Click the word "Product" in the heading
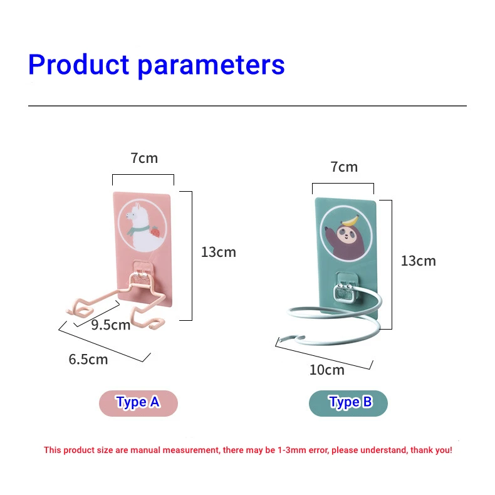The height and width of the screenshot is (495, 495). tap(79, 65)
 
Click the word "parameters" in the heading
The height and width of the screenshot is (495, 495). tap(211, 66)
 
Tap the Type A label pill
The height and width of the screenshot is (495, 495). tap(138, 403)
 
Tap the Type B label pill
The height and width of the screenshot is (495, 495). tap(348, 403)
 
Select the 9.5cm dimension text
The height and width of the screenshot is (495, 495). tap(111, 325)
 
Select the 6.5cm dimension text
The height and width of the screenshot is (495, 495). tap(88, 359)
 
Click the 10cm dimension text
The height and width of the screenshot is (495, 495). tap(326, 370)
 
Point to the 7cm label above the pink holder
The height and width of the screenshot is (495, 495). tap(144, 158)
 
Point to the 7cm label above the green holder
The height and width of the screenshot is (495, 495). tap(344, 167)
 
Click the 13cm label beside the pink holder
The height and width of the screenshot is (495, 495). tap(219, 253)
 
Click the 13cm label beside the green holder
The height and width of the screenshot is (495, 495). tap(419, 261)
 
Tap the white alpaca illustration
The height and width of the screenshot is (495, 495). tap(140, 227)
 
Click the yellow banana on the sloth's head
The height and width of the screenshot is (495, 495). tap(351, 221)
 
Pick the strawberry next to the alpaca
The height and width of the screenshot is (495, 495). tap(155, 231)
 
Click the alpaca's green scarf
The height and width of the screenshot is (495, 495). tap(137, 229)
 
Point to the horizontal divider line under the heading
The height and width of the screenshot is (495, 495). tap(247, 106)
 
